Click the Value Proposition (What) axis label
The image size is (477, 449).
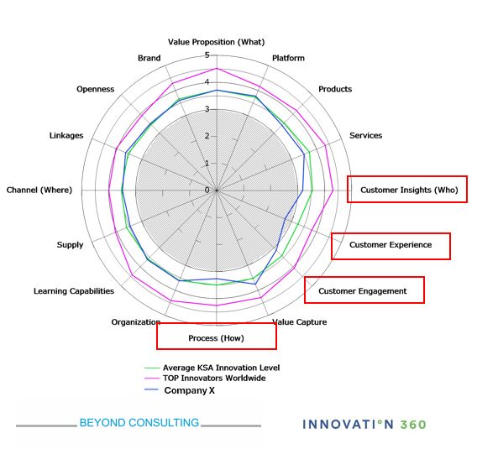click(x=217, y=42)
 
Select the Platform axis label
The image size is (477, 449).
click(x=288, y=58)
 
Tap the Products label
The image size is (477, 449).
click(x=335, y=89)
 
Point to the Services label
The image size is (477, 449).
click(x=365, y=136)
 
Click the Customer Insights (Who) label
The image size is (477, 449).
click(x=409, y=190)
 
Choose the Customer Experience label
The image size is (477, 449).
click(x=391, y=245)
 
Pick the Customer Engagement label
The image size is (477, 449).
click(x=362, y=291)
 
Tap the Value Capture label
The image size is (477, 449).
click(x=299, y=322)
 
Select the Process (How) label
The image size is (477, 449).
click(x=216, y=338)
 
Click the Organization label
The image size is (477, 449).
click(x=136, y=322)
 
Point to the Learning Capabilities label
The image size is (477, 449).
click(x=74, y=291)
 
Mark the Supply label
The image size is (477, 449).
click(x=70, y=245)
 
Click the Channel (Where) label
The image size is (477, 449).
click(x=39, y=190)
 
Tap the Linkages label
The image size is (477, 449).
click(x=66, y=136)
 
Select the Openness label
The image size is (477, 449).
click(x=95, y=89)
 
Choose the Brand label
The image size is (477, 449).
click(x=149, y=58)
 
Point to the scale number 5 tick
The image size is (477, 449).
click(x=207, y=55)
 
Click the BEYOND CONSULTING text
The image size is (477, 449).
click(x=139, y=422)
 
